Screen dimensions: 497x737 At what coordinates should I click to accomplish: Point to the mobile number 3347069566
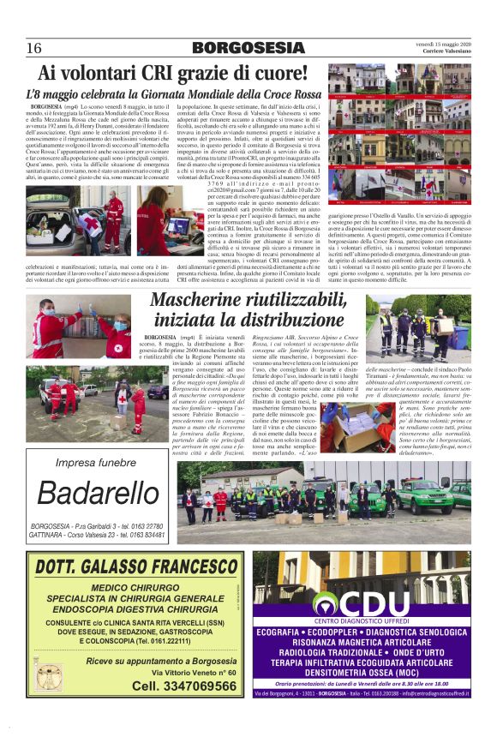click(x=181, y=686)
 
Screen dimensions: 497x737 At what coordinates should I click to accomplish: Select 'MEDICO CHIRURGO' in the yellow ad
click(x=135, y=587)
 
